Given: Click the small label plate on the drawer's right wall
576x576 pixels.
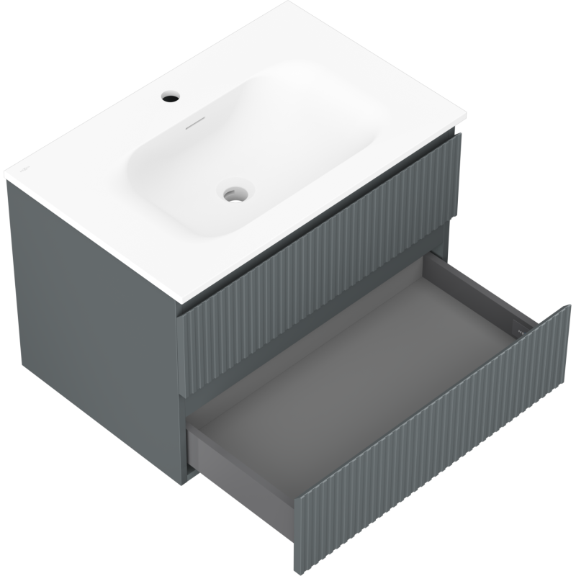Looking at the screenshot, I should pos(520,328).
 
